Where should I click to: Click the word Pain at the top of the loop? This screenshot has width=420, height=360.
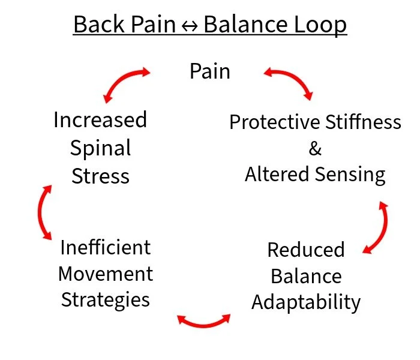point(209,71)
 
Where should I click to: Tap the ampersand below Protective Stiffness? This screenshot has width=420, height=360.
point(315,148)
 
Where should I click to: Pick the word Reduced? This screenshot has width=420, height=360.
point(306,250)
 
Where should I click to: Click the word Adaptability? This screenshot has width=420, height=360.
point(306,302)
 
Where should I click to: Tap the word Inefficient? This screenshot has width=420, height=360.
point(105,247)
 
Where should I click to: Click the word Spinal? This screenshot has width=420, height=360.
point(100,148)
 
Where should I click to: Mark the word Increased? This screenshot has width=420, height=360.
point(100,120)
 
